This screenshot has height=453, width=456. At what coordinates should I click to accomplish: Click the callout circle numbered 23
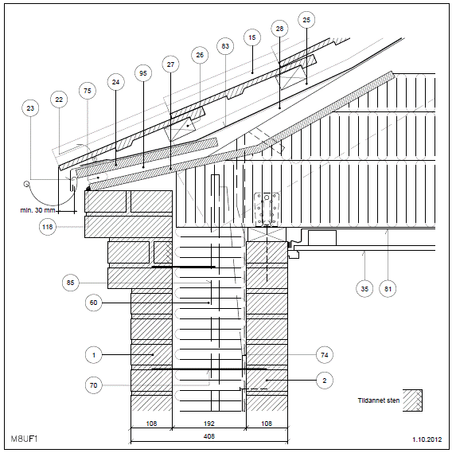30,108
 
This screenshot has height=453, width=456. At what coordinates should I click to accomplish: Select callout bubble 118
48,227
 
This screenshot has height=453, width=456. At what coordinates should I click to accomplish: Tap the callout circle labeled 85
70,283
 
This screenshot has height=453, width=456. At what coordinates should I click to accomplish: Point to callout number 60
93,303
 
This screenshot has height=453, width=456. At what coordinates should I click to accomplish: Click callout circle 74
325,355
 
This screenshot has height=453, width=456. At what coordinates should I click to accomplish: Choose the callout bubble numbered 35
364,289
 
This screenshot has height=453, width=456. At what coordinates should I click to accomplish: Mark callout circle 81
388,289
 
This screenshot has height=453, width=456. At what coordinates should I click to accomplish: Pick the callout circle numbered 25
306,20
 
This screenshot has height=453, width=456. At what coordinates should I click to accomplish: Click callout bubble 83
225,46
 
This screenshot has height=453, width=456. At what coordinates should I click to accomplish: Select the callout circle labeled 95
143,73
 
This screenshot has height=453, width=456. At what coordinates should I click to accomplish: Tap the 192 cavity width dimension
209,424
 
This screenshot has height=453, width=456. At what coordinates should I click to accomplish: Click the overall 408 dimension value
209,436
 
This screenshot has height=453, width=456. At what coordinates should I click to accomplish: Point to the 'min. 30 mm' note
37,210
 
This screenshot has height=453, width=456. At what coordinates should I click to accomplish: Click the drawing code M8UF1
24,439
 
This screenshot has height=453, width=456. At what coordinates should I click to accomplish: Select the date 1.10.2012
427,439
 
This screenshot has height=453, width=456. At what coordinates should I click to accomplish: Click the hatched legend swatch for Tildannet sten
412,400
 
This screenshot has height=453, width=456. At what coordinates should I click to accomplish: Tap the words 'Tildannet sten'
379,400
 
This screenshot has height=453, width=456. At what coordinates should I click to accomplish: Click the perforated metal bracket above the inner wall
267,209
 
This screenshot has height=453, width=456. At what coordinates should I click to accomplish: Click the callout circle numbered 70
93,385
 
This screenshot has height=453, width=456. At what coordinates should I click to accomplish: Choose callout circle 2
325,381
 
